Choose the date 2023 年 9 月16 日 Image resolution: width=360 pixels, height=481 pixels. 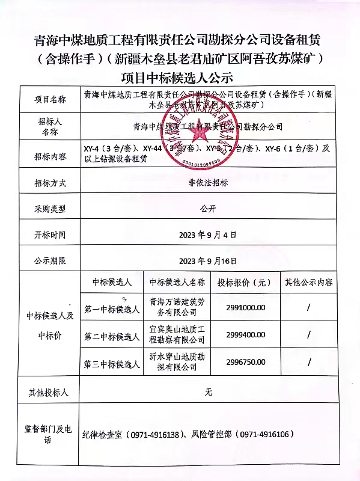(208, 261)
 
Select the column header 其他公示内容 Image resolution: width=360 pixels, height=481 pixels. (309, 282)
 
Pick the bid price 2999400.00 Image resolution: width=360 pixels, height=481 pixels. (245, 335)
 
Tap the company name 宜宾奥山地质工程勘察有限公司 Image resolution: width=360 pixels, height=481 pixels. (177, 335)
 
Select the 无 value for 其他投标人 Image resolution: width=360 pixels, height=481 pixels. (208, 392)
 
